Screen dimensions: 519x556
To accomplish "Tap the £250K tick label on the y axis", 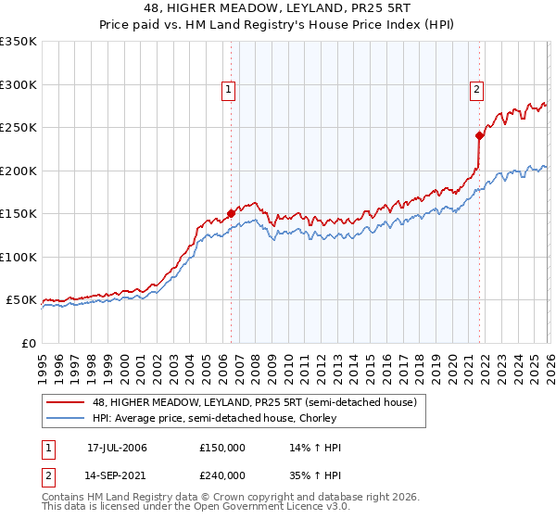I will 18,128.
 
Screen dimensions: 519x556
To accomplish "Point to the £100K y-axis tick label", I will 18,257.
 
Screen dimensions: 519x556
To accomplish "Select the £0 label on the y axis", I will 28,343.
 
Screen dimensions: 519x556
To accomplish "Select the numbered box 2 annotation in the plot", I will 476,90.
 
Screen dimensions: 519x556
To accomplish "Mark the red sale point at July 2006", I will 231,214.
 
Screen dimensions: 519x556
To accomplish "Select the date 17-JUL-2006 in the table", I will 117,448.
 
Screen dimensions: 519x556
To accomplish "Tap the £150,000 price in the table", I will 222,448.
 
